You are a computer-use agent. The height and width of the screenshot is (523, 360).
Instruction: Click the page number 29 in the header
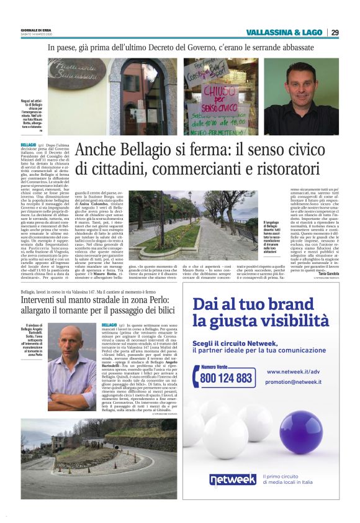pos(335,32)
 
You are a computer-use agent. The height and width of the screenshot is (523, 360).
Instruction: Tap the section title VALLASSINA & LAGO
pos(284,32)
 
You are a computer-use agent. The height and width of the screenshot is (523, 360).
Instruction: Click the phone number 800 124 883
pos(227,377)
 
